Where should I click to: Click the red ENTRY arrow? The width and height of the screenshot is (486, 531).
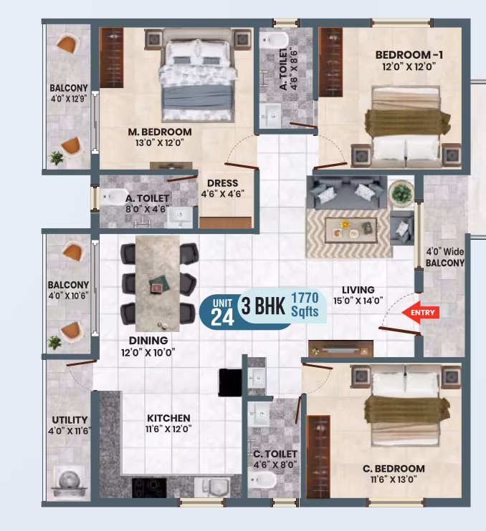pos(421,312)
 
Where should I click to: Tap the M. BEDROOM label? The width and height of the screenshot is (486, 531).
pos(160,132)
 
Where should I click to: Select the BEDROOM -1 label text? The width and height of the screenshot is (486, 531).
pos(409,55)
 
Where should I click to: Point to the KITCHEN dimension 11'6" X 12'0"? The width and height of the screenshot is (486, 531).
pos(168,429)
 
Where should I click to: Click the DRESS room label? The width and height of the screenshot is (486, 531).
pos(222,183)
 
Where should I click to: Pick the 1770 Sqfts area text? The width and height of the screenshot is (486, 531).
pos(305,305)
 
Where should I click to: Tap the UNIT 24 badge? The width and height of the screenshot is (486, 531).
pos(222,312)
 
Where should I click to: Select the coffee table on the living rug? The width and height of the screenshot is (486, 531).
pos(351,230)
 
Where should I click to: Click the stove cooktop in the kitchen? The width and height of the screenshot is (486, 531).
pos(149,487)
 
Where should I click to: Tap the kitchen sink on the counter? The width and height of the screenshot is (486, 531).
pos(211,487)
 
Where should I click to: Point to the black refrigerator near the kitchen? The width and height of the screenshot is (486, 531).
pos(230,382)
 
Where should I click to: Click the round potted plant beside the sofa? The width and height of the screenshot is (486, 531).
pos(401,192)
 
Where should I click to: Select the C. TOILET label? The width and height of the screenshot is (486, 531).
pos(275,454)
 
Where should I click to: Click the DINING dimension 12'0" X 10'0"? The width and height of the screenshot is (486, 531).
pos(148,353)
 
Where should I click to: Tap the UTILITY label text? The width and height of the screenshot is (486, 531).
pos(70,420)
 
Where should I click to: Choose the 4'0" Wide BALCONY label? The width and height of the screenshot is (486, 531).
pos(445,258)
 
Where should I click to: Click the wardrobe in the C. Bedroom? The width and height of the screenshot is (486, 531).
pos(318,457)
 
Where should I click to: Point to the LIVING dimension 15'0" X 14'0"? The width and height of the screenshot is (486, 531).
pos(358,301)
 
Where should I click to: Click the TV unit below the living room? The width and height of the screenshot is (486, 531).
pos(340,349)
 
